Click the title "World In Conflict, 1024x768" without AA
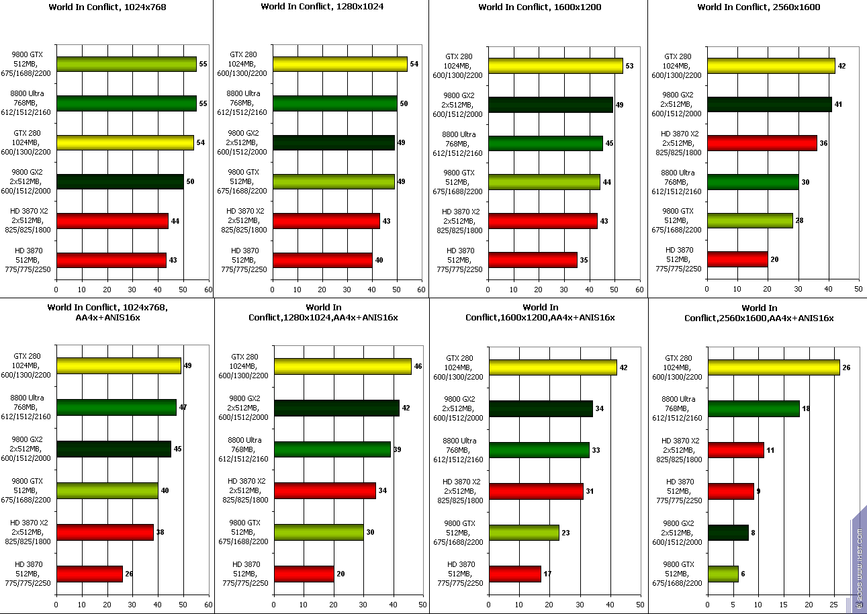click(107, 7)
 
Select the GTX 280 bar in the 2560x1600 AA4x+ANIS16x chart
click(773, 367)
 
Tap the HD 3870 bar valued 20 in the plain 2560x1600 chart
click(737, 259)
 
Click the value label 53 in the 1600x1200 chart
click(629, 66)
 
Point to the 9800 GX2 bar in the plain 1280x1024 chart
click(333, 142)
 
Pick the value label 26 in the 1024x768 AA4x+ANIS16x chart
click(128, 574)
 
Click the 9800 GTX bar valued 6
click(723, 574)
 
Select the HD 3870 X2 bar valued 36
click(762, 143)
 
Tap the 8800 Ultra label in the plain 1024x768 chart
click(28, 103)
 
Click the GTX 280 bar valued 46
click(343, 366)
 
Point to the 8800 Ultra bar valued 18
click(753, 408)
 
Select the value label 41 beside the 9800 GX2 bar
click(838, 105)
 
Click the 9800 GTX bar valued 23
click(524, 533)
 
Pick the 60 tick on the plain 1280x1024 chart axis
click(421, 290)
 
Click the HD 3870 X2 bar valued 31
click(536, 491)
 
